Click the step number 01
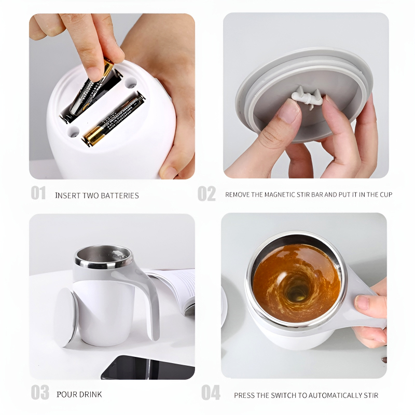point(38,193)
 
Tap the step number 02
point(206,193)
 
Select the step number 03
point(39,393)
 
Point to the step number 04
point(211,393)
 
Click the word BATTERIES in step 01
point(120,196)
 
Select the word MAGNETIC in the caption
point(282,195)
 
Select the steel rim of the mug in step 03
point(104,257)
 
